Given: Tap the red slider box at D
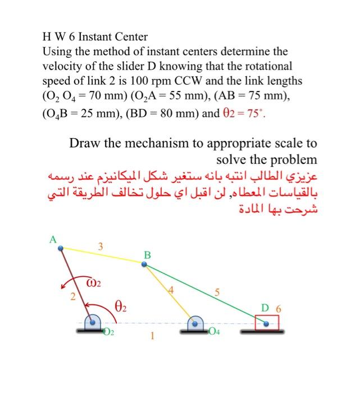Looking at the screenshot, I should (267, 323).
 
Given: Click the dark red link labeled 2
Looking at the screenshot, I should (75, 284).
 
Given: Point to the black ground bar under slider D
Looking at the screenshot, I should (261, 332).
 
